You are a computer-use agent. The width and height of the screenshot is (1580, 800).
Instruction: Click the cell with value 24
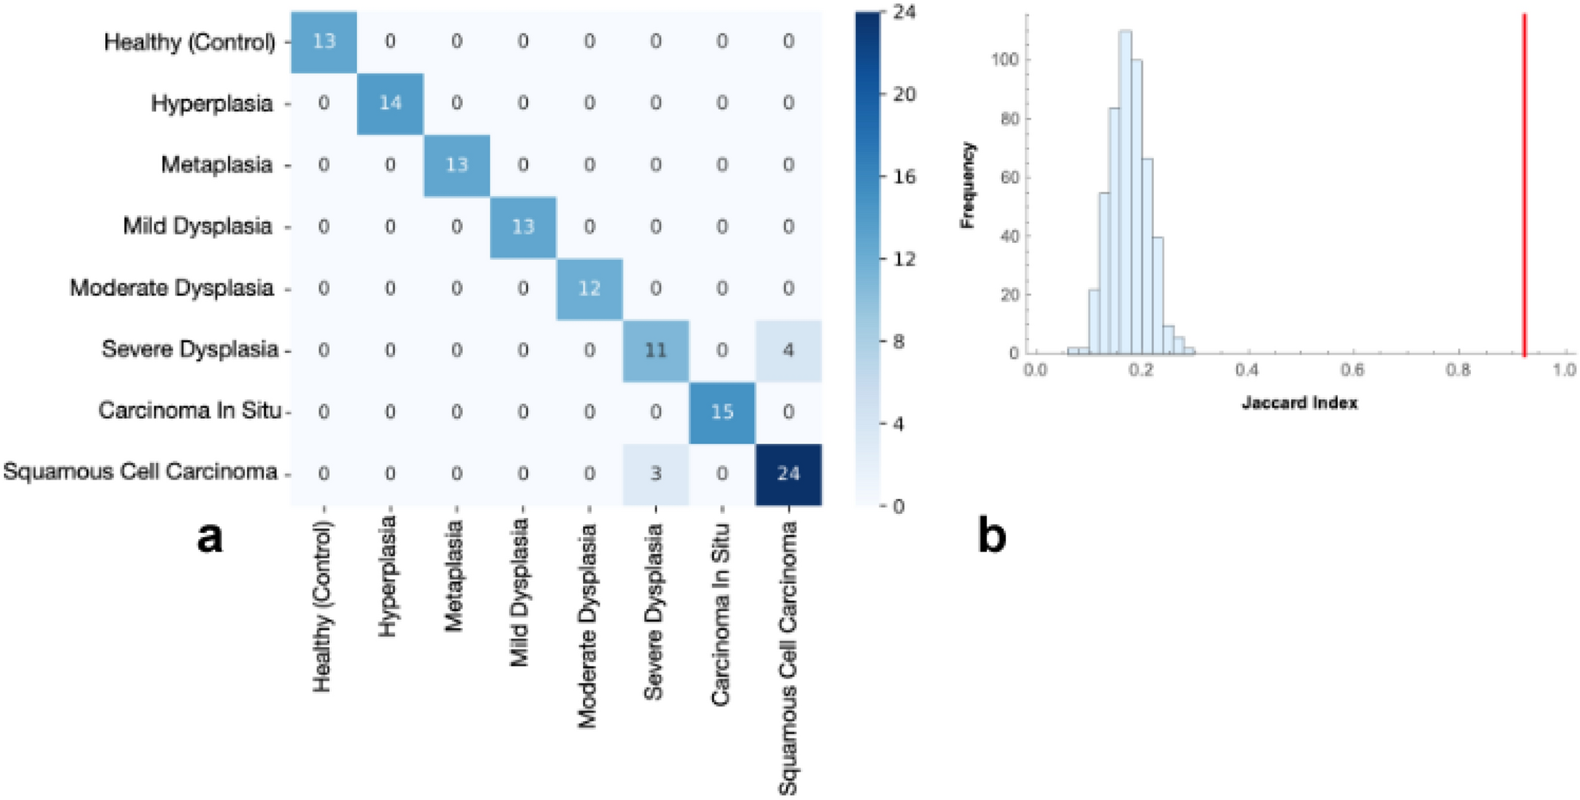(x=788, y=473)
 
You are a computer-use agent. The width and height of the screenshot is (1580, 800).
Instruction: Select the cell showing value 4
(x=788, y=351)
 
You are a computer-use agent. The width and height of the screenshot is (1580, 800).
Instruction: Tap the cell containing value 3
(x=655, y=473)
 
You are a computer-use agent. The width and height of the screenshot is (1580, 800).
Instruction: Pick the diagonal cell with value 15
(x=722, y=412)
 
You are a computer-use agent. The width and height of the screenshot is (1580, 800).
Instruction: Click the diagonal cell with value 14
(x=390, y=103)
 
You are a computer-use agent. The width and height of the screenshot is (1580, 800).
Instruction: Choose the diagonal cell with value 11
(x=655, y=351)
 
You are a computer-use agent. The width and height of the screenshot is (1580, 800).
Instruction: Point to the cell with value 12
(x=589, y=288)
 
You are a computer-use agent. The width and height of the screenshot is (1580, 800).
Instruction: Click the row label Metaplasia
(x=217, y=165)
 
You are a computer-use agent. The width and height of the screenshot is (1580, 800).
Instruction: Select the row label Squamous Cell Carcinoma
(x=140, y=472)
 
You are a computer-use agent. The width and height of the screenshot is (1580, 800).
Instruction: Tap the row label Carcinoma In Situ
(x=190, y=410)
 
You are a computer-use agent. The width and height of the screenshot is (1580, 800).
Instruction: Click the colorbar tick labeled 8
(x=898, y=342)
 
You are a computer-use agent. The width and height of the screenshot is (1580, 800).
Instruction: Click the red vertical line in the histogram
(x=1524, y=183)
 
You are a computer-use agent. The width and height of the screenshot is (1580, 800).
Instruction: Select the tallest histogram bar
(x=1124, y=191)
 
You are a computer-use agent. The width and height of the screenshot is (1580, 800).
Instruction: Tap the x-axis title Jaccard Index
(x=1299, y=403)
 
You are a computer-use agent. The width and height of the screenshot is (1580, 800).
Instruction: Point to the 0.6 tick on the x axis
(x=1352, y=370)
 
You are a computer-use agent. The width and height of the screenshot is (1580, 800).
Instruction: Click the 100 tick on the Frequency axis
(x=1005, y=60)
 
